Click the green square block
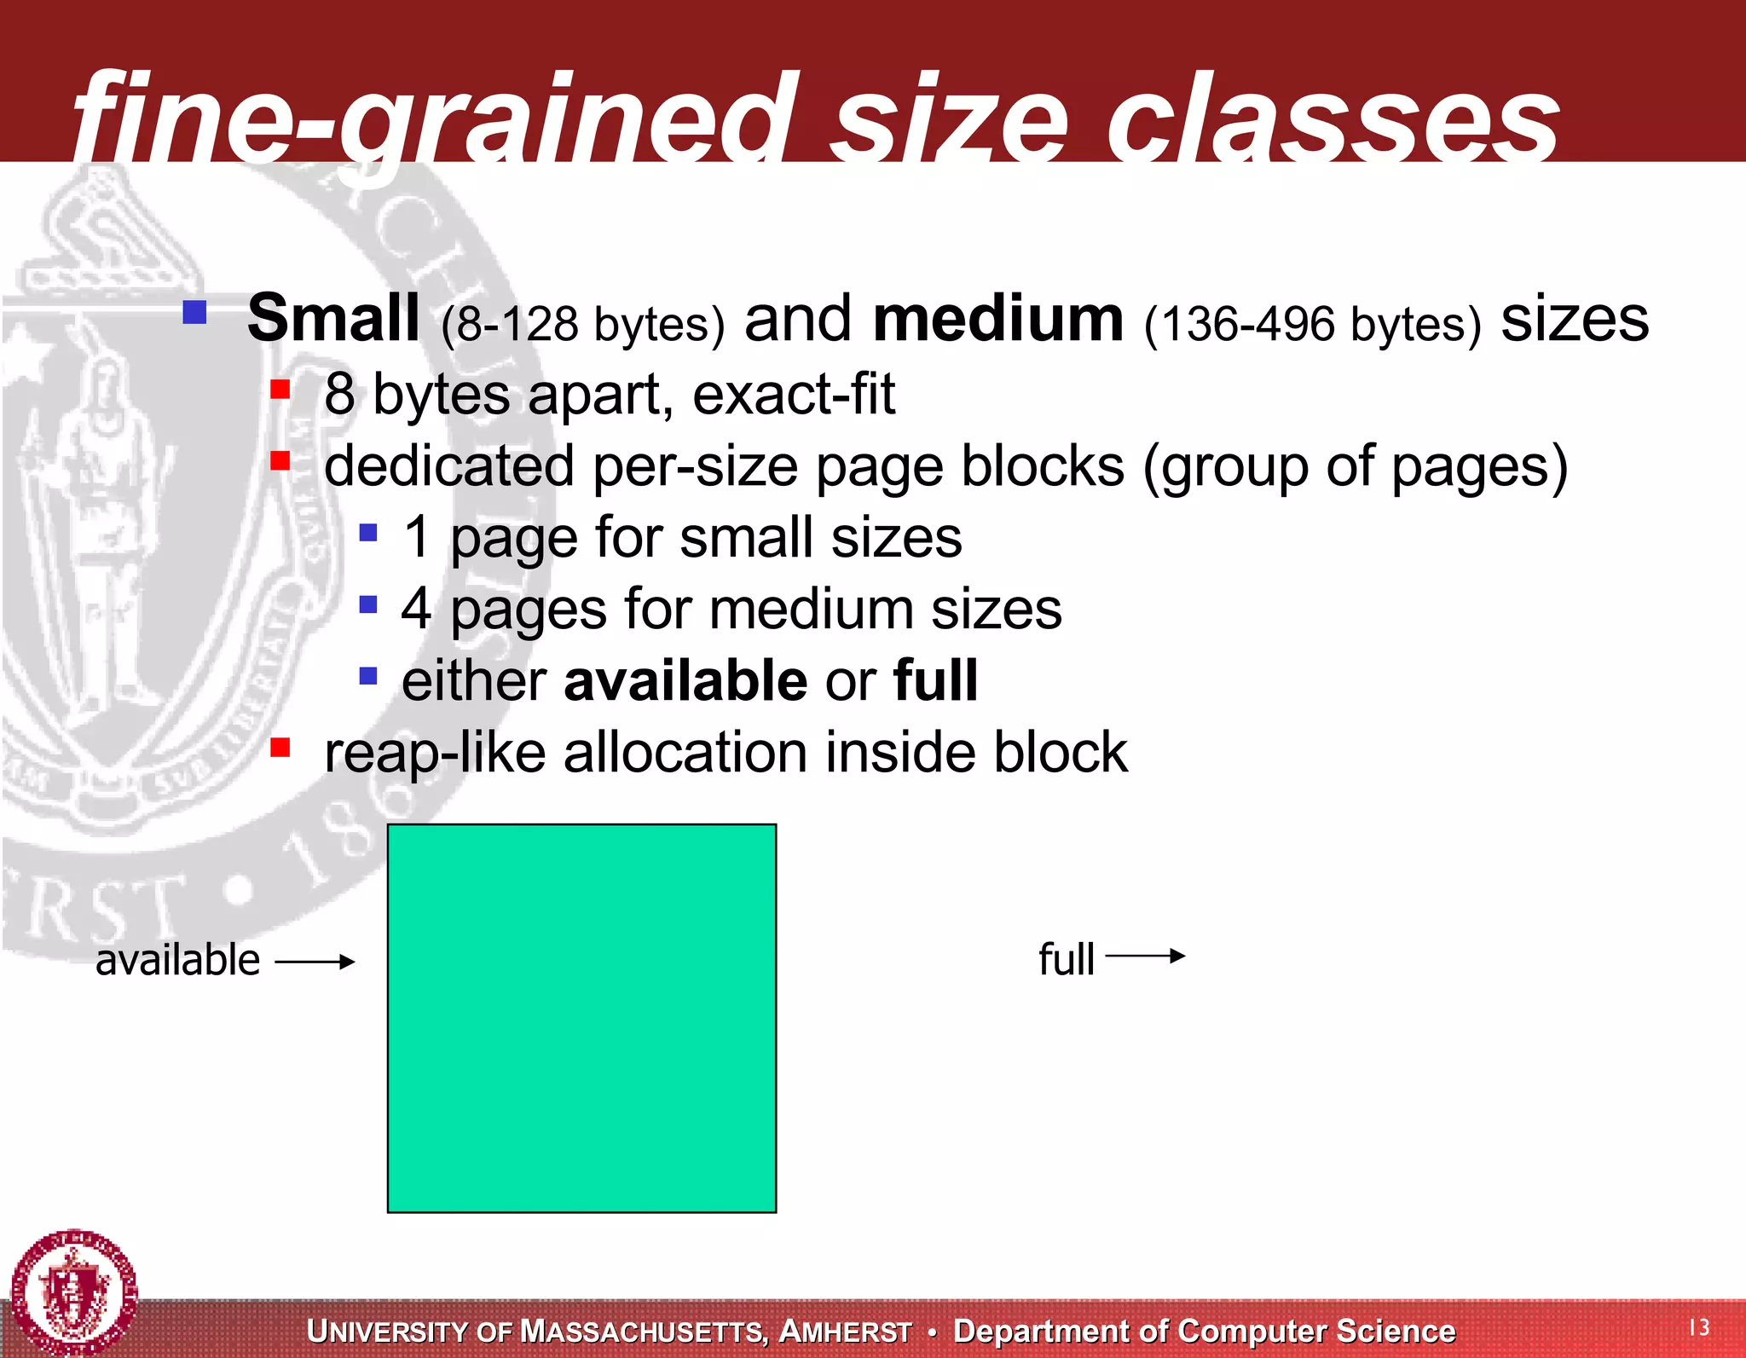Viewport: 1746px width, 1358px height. tap(581, 1018)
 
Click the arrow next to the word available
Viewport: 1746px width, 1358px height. tap(315, 962)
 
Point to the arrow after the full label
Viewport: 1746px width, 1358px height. tap(1145, 956)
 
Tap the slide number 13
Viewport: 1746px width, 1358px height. tap(1699, 1326)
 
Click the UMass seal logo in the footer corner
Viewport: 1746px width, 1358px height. tap(75, 1292)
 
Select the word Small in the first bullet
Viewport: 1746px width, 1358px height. tap(333, 318)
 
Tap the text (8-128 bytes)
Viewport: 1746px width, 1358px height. tap(582, 324)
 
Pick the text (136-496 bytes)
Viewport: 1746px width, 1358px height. tap(1312, 324)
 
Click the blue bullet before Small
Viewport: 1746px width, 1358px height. tap(195, 312)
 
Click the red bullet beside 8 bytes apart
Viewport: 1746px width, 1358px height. tap(280, 390)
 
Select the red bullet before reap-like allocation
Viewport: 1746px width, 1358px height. tap(280, 748)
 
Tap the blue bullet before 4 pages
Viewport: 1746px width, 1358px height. tap(368, 604)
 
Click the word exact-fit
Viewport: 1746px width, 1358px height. tap(794, 394)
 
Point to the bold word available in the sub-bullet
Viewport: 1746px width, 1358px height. tap(685, 680)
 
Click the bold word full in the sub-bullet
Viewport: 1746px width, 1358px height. tap(936, 680)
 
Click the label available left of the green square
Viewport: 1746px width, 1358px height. tap(177, 961)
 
